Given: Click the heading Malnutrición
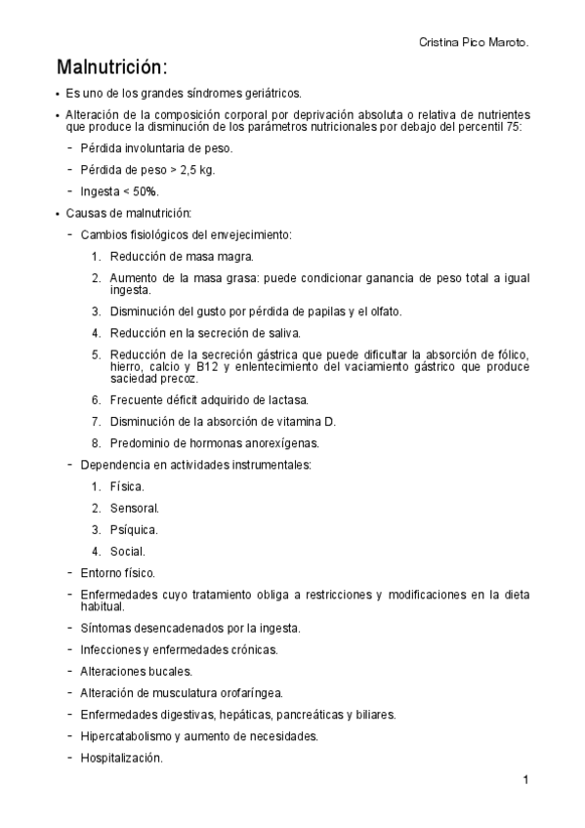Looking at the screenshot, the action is (x=112, y=68).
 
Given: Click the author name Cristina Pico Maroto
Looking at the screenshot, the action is (x=474, y=43).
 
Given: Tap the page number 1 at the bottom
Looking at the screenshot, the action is (x=525, y=779).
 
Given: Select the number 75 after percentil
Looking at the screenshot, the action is (x=514, y=126).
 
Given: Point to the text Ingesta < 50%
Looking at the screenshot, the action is (x=120, y=191).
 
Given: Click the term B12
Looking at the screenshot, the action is (x=206, y=366).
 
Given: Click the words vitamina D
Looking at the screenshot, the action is (x=308, y=421).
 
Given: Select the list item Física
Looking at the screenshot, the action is (x=127, y=486).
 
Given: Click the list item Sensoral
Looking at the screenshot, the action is (x=135, y=508).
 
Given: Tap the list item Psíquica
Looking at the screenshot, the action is (x=134, y=529).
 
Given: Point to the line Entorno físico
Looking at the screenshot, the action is (x=117, y=573).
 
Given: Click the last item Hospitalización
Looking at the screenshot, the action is (x=122, y=758).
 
